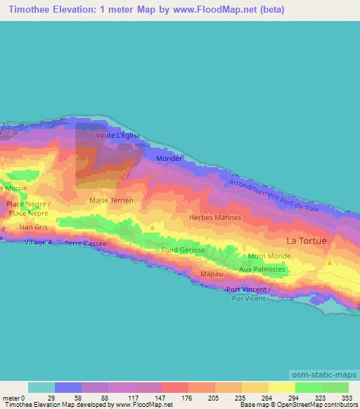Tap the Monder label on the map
[169, 159]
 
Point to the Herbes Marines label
[215, 217]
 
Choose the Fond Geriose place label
[183, 250]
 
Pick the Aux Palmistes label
[262, 269]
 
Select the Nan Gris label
[33, 227]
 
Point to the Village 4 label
[38, 242]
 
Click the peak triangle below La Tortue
[330, 263]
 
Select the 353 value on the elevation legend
[347, 398]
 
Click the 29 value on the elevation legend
[51, 398]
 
